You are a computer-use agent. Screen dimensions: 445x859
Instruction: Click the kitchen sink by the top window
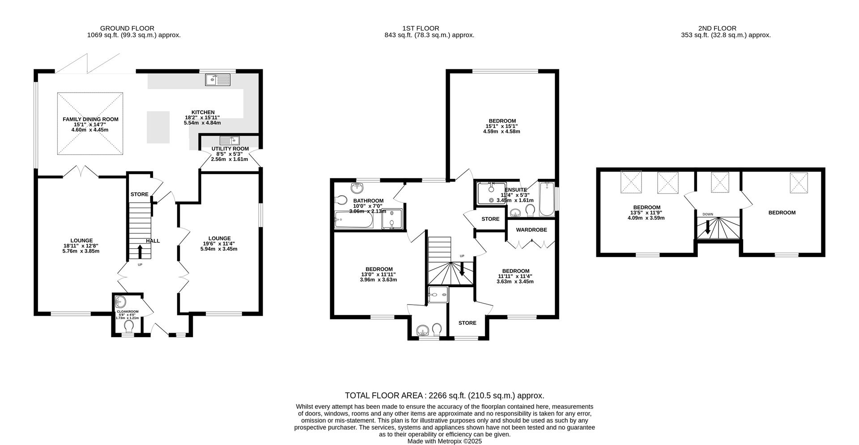coord(217,80)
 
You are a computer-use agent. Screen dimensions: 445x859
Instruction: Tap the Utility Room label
coord(230,149)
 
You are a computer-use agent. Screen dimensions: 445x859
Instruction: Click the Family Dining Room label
coord(90,119)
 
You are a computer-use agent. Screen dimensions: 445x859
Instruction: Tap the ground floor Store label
coord(139,195)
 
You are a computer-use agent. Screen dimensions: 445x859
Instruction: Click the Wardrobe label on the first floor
coord(531,230)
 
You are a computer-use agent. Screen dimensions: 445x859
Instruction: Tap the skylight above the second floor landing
coord(720,182)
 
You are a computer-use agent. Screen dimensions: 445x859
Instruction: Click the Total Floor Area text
coord(444,396)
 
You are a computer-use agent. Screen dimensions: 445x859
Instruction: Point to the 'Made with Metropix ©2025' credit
coord(444,441)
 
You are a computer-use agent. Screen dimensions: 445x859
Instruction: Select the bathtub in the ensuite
coord(546,199)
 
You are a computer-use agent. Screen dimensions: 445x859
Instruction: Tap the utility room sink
coord(230,140)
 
